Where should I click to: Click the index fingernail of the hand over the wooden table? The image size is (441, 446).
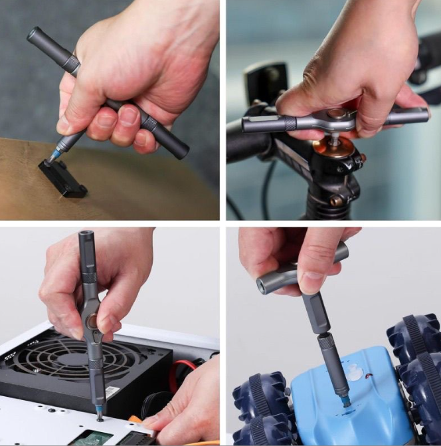pos(64,125)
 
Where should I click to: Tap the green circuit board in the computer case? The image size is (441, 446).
pos(90,438)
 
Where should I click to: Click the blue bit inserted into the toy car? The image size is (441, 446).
pos(346,401)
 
